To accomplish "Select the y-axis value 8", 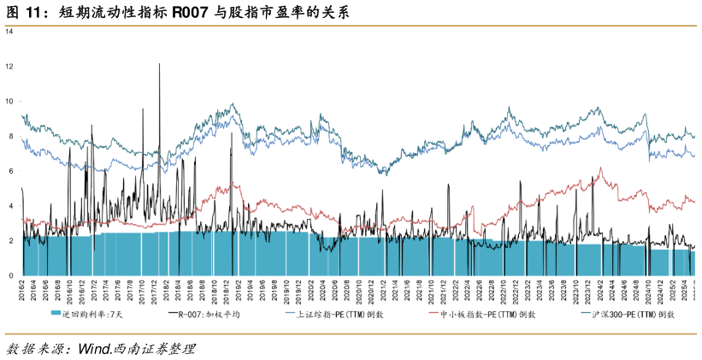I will (x=9, y=136).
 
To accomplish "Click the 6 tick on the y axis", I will (x=9, y=171).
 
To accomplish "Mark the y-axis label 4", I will (x=9, y=206).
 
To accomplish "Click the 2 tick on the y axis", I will (x=9, y=241).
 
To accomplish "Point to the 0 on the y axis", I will (x=9, y=276).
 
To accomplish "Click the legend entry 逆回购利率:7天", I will (x=90, y=315).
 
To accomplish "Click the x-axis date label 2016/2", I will (x=22, y=291).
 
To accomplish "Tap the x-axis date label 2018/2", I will (x=166, y=291).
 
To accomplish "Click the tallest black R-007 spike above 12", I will (x=159, y=65).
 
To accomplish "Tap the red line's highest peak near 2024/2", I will (x=602, y=168).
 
